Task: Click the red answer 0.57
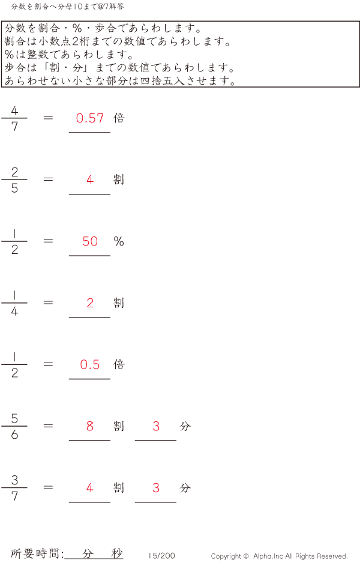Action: click(x=90, y=118)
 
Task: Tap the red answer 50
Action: click(x=90, y=241)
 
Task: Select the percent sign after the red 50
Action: click(x=119, y=241)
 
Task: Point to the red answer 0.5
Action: click(x=90, y=364)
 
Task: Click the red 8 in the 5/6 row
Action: click(x=90, y=426)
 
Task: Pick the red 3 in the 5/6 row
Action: click(x=156, y=426)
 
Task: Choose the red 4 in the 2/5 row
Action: click(x=90, y=179)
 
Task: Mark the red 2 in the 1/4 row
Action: click(x=90, y=303)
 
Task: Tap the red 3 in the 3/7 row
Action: click(x=156, y=487)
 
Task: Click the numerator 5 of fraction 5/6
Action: click(x=14, y=418)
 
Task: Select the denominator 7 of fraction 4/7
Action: click(x=14, y=127)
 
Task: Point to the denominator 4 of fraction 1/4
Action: click(x=14, y=311)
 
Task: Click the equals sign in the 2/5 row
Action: click(x=48, y=179)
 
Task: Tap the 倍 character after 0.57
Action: click(x=119, y=118)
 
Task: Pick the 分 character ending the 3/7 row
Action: click(x=185, y=487)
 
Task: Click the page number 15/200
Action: click(x=162, y=555)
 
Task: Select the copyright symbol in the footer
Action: click(x=246, y=556)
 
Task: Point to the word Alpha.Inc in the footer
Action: click(x=268, y=556)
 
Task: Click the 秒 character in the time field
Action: click(x=117, y=553)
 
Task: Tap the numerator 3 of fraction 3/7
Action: click(x=14, y=480)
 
